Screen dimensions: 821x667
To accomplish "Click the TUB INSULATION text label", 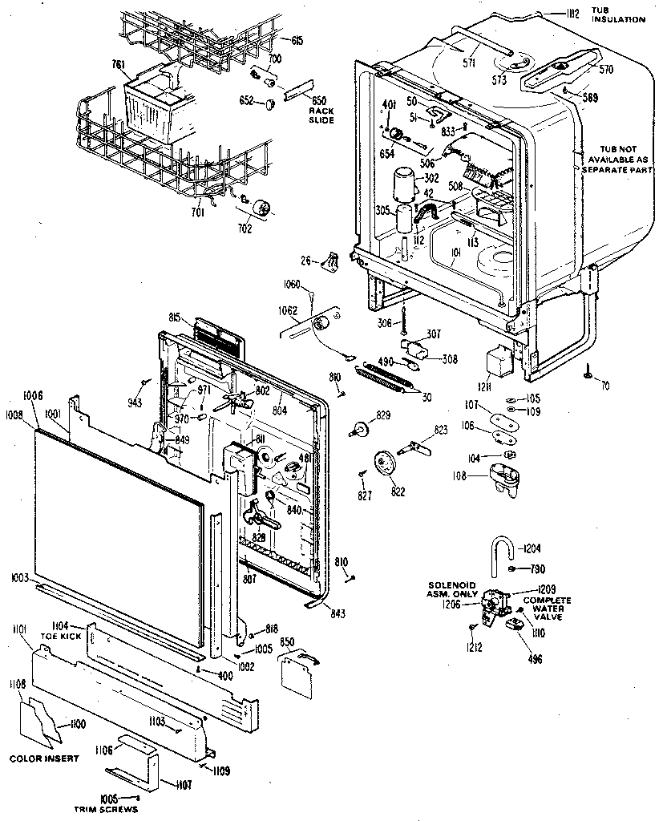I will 617,14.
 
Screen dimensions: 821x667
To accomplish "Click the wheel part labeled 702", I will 261,208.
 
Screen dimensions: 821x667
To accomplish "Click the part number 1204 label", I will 532,549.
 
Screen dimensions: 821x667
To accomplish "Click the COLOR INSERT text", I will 44,758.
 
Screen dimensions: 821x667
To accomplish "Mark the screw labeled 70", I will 588,371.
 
